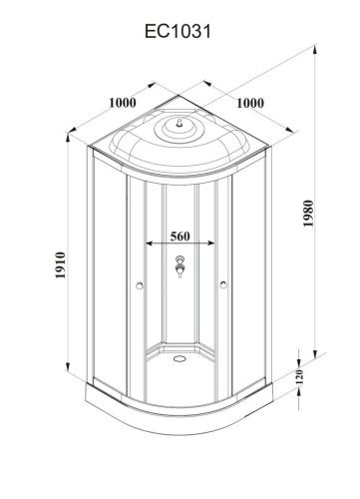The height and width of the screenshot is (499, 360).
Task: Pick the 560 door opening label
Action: (180, 238)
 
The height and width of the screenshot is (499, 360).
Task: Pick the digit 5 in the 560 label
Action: (173, 238)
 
